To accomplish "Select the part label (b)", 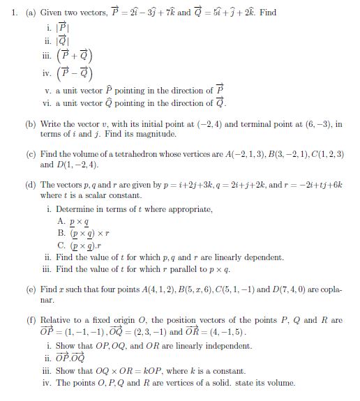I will click(x=31, y=123).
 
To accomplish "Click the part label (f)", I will click(x=31, y=320).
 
